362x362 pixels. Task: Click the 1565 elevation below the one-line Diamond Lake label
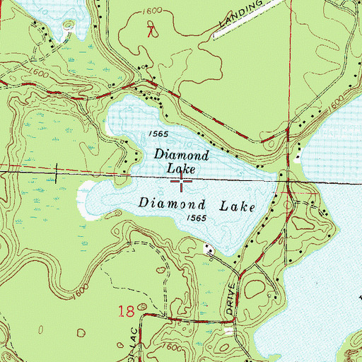[x=198, y=218]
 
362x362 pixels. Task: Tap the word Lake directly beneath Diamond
[x=181, y=168]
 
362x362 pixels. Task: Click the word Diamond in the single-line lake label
[x=170, y=202]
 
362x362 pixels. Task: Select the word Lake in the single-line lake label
[x=239, y=204]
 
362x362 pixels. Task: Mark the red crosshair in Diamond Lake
[x=182, y=182]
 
